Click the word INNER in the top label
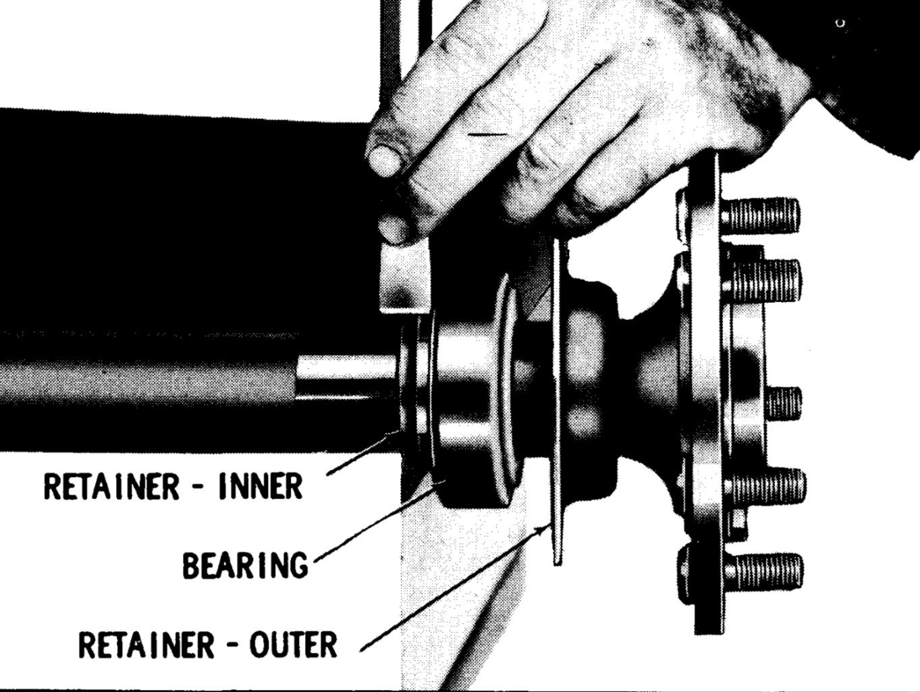(260, 487)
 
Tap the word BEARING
(244, 565)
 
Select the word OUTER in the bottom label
(293, 645)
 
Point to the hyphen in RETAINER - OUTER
(233, 646)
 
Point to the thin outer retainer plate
(558, 405)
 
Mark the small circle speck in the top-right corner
(840, 24)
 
